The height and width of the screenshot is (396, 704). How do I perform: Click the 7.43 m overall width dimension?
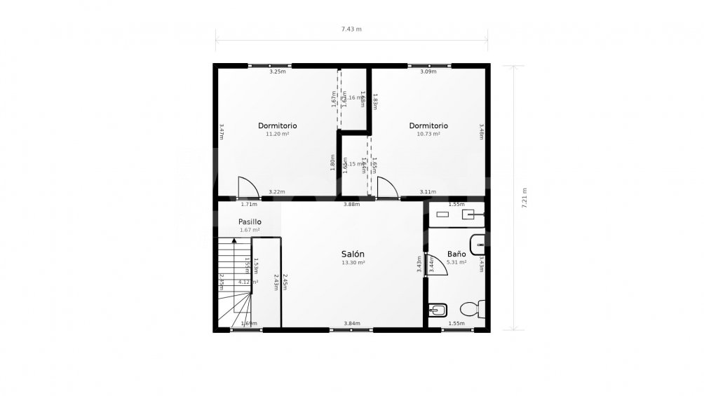pos(351,29)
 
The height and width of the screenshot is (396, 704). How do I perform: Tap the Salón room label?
pos(353,254)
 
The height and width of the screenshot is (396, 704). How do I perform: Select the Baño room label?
pos(456,254)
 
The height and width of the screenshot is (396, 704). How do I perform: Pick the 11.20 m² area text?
pos(277,134)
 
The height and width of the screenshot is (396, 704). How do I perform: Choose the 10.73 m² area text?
pos(428,134)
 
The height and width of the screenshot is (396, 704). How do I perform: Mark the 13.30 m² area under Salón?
pos(353,262)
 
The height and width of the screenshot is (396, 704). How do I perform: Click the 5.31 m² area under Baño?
pos(457,262)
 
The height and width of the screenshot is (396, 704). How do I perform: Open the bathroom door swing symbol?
pos(435,264)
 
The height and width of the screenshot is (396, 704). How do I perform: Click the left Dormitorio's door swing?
pos(248,188)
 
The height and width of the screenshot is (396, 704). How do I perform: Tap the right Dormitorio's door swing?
pos(387,188)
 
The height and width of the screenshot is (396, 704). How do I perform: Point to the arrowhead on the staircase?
pos(234,240)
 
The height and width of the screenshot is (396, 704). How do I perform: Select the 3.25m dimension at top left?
pos(277,71)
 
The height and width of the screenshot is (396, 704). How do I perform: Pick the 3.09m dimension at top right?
pos(428,71)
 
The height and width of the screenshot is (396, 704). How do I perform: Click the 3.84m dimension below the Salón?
pos(352,323)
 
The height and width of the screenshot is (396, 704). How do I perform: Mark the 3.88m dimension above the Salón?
pos(351,205)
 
